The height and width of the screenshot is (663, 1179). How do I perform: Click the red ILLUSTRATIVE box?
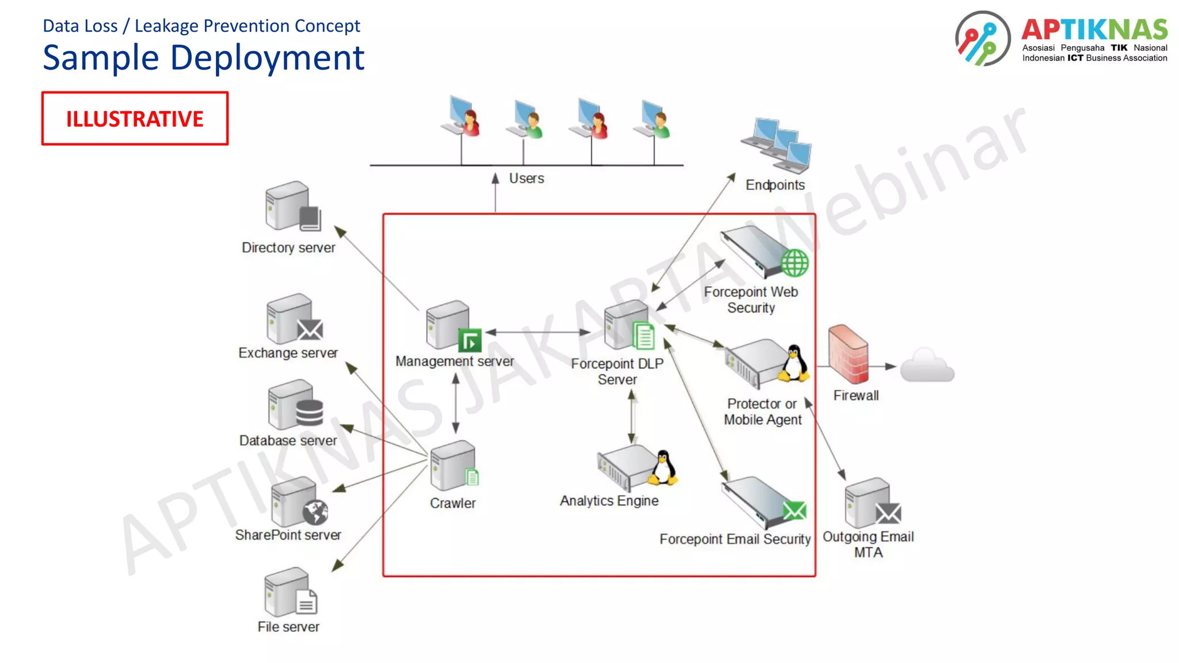135,119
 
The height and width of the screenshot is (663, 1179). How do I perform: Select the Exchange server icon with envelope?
294,319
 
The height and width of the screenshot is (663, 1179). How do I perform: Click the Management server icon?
452,326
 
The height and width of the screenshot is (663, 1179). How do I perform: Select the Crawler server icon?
454,466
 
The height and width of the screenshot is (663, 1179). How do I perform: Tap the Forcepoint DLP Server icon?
629,326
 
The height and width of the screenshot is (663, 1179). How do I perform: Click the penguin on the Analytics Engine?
664,467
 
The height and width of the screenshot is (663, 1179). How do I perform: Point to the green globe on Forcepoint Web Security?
794,263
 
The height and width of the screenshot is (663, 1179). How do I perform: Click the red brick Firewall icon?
848,353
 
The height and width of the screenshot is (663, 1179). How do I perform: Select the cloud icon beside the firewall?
927,366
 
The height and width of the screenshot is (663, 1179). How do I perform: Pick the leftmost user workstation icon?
462,116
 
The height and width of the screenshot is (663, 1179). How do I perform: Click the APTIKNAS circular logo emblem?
982,38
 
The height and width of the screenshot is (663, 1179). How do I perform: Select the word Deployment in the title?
267,58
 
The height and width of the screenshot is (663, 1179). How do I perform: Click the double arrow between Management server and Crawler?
455,403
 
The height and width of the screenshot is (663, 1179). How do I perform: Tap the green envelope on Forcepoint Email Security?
794,510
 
